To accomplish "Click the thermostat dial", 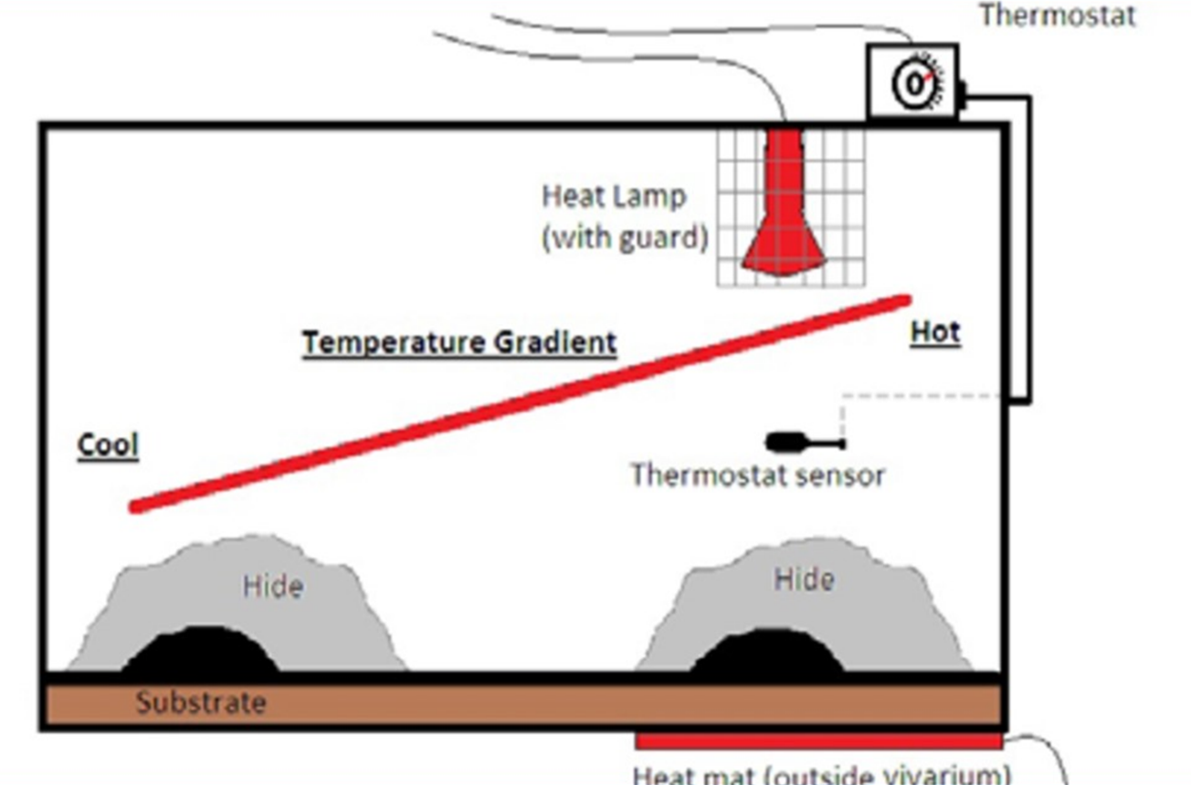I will [x=915, y=84].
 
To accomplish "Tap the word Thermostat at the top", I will [x=1058, y=15].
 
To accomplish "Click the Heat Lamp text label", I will [x=614, y=196].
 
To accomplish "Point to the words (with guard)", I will [x=625, y=237].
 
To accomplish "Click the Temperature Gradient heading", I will [x=459, y=343].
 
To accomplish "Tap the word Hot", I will [x=935, y=332].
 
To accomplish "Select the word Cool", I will [x=108, y=445].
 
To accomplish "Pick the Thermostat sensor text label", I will [x=757, y=476].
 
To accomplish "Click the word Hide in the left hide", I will [x=272, y=586].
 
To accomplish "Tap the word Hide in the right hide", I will [x=804, y=579].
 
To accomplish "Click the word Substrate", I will [x=201, y=703].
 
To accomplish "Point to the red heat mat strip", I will [x=817, y=740].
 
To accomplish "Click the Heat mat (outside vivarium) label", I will [x=822, y=774].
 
